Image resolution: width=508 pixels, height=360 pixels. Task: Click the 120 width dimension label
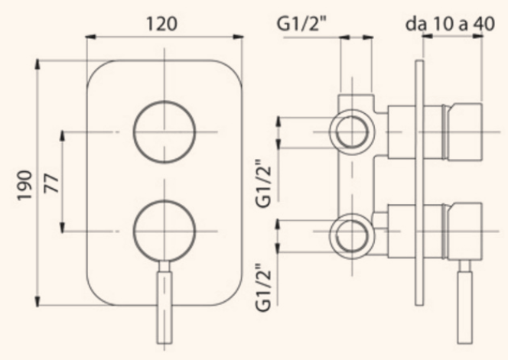coord(161,24)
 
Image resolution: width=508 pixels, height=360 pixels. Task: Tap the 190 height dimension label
coord(25,185)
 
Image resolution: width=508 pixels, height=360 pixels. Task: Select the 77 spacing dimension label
coord(52,183)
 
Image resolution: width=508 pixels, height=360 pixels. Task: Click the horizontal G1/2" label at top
coord(302,23)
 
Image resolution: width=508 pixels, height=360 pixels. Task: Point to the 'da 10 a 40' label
coord(451,24)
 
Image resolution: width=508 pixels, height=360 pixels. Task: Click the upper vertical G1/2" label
coord(263,183)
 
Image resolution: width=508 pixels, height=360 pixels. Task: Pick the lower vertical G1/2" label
coord(263,287)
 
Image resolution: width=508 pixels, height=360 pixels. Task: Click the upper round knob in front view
coord(164,131)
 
